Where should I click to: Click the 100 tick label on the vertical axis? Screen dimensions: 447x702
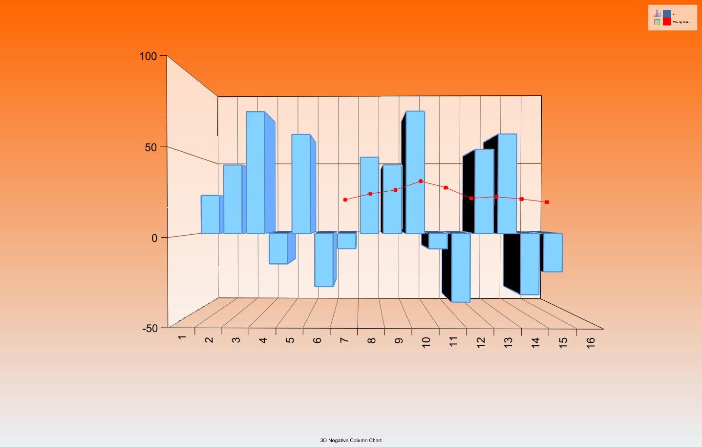(x=148, y=56)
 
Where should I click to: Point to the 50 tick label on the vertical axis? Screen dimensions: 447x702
(x=151, y=147)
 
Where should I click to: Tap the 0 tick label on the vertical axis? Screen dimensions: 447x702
(x=154, y=238)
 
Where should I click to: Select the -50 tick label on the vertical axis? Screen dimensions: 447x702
(x=150, y=329)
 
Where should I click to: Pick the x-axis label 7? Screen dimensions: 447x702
(x=344, y=340)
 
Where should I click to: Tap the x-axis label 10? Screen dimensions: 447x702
(x=426, y=342)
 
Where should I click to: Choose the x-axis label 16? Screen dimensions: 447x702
(x=591, y=343)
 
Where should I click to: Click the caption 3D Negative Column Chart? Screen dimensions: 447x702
(x=351, y=440)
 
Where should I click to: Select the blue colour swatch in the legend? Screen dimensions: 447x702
(x=667, y=14)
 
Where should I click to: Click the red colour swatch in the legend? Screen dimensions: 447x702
(x=667, y=22)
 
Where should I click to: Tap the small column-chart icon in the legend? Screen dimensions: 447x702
(x=657, y=14)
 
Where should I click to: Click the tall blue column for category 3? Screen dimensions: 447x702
(x=255, y=172)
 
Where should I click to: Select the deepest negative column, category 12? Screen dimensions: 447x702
(x=461, y=268)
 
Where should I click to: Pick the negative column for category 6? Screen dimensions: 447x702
(x=324, y=260)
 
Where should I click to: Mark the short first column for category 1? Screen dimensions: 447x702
(x=210, y=214)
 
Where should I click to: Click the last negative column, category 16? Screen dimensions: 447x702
(x=553, y=252)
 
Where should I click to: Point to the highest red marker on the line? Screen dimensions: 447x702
(x=421, y=181)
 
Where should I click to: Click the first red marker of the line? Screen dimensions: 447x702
(x=345, y=200)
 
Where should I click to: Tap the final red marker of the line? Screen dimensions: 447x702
(x=547, y=202)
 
